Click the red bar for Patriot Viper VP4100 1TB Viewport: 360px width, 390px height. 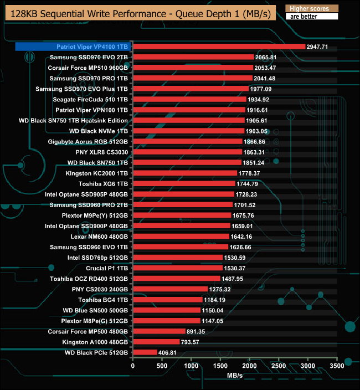219,47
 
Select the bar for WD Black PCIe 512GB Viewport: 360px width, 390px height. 145,352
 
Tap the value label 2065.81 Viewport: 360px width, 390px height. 265,57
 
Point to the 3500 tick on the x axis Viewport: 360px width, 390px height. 337,365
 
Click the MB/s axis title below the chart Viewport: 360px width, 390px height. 235,376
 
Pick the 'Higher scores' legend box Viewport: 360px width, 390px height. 311,8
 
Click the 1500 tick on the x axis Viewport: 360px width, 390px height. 220,365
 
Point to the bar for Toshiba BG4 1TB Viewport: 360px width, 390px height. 167,300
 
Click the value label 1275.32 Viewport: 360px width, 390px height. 219,289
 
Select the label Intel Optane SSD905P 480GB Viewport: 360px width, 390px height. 87,194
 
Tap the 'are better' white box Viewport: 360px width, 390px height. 311,17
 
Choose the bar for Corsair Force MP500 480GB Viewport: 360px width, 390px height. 159,331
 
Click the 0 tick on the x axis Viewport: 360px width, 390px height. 133,365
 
